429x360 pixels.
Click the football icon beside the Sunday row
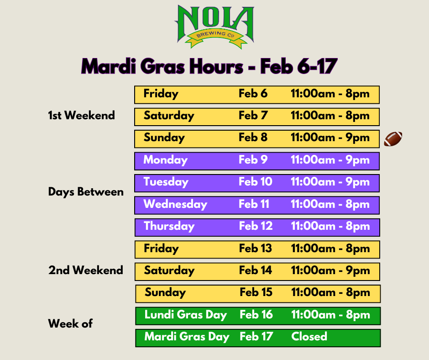(393, 138)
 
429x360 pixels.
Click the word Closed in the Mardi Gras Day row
(309, 336)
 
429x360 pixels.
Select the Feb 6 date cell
(253, 93)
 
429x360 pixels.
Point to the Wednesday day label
(175, 204)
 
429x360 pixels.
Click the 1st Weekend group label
(81, 115)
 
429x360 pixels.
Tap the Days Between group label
(86, 192)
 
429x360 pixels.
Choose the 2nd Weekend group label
(86, 270)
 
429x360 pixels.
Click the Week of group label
(70, 323)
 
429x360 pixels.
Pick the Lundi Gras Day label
(185, 315)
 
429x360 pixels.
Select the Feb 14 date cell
(255, 270)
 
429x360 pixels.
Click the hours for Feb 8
(330, 138)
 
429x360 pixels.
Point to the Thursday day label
(169, 226)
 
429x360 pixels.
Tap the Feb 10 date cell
(255, 182)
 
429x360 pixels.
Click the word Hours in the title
(216, 66)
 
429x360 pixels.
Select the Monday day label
(165, 160)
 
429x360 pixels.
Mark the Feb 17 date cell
(256, 336)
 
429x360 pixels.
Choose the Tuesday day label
(166, 182)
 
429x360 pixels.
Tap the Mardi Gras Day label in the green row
(187, 337)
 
